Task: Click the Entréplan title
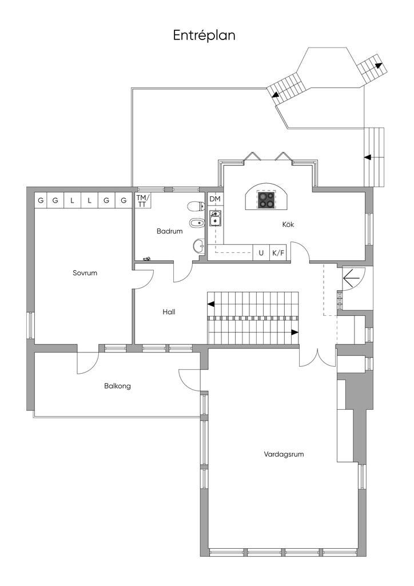204,35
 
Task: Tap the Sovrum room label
85,273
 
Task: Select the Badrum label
169,231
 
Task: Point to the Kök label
288,224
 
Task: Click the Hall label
169,312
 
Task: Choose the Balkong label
118,386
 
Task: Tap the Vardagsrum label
284,454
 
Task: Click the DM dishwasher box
215,199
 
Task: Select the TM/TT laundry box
142,200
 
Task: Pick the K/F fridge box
278,253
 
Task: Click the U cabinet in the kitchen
261,253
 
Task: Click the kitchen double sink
215,218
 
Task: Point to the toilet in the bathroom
196,206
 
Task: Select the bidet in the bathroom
197,224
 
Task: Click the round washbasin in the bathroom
199,245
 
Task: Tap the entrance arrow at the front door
351,278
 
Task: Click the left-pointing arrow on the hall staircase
211,304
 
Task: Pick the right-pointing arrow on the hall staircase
295,332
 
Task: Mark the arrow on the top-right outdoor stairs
379,66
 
